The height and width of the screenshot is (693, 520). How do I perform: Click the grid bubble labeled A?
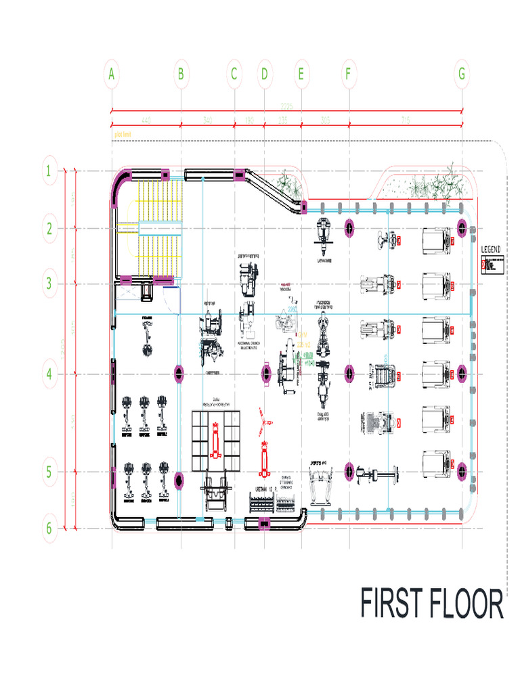click(x=111, y=74)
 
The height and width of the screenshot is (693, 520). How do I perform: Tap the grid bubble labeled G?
click(x=462, y=74)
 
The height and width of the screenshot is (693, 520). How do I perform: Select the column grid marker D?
click(x=265, y=74)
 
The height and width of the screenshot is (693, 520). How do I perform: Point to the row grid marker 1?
click(x=49, y=171)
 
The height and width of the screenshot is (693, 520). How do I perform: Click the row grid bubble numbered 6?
click(x=49, y=529)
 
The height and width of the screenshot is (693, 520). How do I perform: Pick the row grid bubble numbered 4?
click(x=49, y=374)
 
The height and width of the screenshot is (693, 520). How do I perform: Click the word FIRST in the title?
click(x=391, y=604)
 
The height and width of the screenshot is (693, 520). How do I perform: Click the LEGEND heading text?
click(x=491, y=250)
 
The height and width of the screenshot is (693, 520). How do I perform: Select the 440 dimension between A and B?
click(x=146, y=120)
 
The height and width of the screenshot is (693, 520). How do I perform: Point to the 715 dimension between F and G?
click(x=406, y=120)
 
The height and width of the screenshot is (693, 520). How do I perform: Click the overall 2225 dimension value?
click(x=286, y=107)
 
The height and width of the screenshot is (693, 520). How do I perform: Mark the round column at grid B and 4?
click(x=179, y=373)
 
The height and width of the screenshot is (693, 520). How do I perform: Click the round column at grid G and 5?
click(x=462, y=471)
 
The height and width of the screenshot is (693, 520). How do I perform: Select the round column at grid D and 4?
click(x=266, y=373)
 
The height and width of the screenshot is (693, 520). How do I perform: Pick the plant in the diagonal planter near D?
click(x=286, y=183)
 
